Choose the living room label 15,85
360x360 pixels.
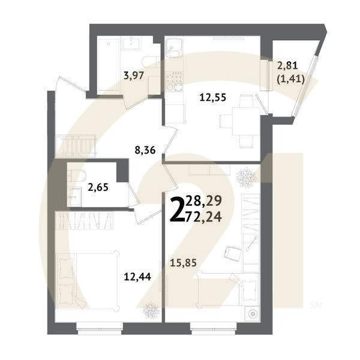point(184,262)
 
